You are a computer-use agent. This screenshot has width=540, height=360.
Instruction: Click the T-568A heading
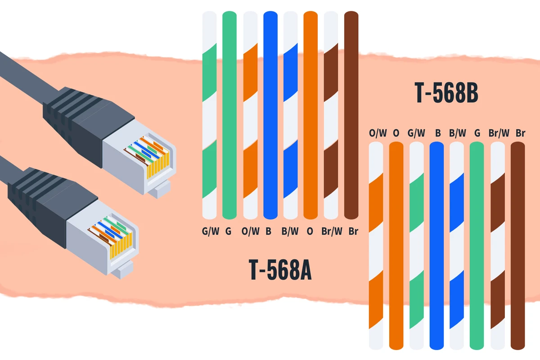pos(280,270)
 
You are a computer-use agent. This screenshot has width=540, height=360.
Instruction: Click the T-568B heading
pos(446,93)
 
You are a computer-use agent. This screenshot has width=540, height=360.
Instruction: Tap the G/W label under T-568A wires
pos(211,231)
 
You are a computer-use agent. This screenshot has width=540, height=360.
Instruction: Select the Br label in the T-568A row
pos(353,231)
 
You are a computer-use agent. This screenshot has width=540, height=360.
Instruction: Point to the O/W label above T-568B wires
pos(378,133)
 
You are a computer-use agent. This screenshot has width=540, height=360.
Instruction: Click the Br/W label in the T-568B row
pos(499,133)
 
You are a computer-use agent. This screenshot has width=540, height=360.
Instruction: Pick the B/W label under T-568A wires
pos(290,231)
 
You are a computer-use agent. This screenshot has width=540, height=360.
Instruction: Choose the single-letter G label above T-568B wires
pos(477,133)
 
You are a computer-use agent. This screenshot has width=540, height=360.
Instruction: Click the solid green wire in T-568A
pos(229,115)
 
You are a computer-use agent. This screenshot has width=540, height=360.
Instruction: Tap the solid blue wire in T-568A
pos(270,115)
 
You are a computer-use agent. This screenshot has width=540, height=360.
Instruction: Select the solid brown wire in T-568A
pos(351,115)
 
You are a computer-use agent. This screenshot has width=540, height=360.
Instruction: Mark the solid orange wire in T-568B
pos(396,245)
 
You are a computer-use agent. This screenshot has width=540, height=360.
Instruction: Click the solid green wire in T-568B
pos(477,245)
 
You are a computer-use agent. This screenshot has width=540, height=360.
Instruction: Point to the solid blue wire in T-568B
pos(436,245)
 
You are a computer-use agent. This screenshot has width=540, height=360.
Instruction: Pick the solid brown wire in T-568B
pos(518,245)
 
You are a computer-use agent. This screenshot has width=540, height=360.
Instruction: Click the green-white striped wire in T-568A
pos(209,115)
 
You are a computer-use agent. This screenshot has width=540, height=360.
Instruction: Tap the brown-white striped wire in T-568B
pos(498,245)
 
